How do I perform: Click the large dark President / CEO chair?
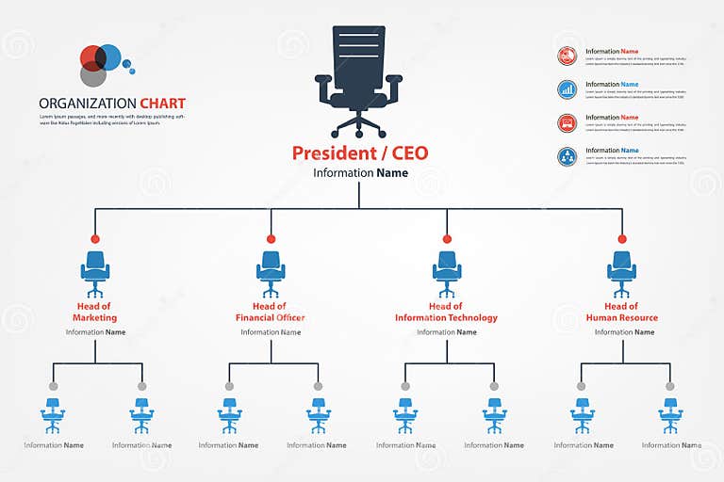point(359,80)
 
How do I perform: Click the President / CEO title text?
point(359,153)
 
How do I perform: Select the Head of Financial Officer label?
point(271,312)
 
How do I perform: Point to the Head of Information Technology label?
point(446,312)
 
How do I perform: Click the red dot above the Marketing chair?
point(95,239)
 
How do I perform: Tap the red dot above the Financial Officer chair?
point(271,239)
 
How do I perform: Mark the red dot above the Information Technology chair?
point(447,239)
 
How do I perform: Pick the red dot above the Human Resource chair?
point(622,239)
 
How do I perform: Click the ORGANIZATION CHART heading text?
point(112,104)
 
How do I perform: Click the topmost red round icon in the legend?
point(567,56)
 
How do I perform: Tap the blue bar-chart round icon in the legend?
point(567,88)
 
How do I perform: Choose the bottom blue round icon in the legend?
point(567,156)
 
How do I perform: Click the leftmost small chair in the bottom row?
point(54,414)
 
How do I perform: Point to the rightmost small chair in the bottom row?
point(670,414)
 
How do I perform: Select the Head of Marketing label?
point(94,312)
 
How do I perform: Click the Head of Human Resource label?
point(621,312)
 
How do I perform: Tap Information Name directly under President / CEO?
point(360,173)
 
